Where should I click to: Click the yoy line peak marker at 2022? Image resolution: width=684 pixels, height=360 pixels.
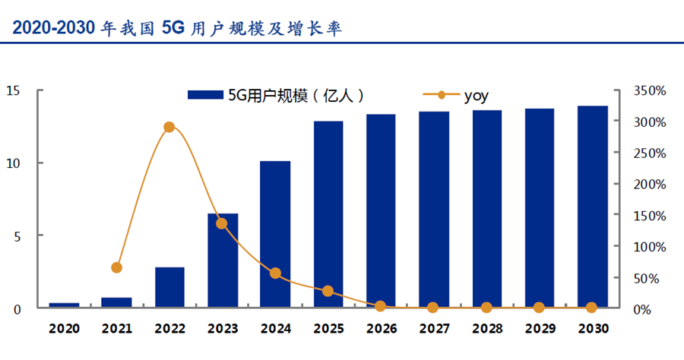169,127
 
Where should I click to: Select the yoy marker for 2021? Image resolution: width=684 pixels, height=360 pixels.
116,267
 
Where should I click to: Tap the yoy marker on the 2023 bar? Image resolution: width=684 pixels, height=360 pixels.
222,223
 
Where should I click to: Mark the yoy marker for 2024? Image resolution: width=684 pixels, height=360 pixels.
275,273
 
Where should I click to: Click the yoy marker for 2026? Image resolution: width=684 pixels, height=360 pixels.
381,306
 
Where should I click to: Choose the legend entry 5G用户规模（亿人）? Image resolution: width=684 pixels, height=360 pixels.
277,95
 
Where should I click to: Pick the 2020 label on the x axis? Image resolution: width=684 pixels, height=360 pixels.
64,329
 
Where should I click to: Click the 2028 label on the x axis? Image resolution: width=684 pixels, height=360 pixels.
486,329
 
